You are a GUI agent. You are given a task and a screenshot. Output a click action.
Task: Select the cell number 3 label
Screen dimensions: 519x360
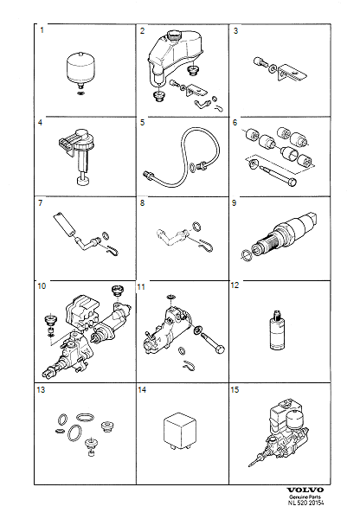click(236, 32)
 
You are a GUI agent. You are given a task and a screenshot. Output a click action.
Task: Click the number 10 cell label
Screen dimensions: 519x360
click(43, 285)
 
